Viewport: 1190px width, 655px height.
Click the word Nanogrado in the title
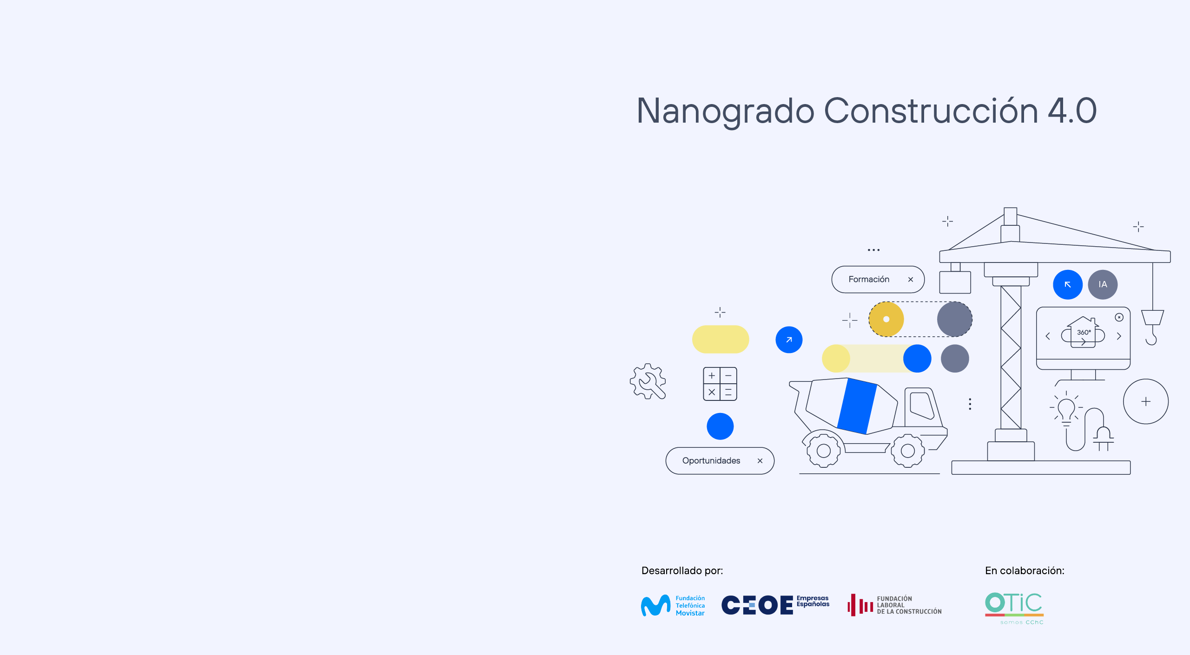tap(725, 111)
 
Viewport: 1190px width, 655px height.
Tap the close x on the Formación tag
tap(911, 279)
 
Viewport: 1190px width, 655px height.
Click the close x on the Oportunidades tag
tap(760, 461)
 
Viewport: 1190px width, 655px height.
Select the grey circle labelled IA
tap(1103, 284)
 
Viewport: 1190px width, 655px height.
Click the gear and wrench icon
tap(648, 381)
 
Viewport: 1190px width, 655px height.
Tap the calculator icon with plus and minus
tap(720, 384)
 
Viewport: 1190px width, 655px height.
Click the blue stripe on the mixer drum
tap(857, 406)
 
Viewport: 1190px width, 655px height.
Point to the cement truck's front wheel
tap(908, 450)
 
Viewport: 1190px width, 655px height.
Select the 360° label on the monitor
tap(1084, 332)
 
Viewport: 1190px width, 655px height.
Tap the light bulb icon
tap(1066, 409)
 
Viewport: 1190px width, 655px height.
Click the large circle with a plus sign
tap(1146, 401)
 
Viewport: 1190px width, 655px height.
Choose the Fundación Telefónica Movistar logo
tap(673, 605)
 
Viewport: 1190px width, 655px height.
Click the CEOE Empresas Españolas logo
tap(775, 605)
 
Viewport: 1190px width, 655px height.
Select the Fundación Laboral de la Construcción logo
tap(894, 605)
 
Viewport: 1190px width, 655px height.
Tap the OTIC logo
tap(1014, 608)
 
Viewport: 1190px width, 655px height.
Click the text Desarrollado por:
tap(682, 571)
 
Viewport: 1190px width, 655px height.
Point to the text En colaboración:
tap(1025, 571)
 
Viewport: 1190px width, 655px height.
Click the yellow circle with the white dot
tap(886, 319)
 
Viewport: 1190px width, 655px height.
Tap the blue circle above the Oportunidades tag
tap(720, 426)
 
